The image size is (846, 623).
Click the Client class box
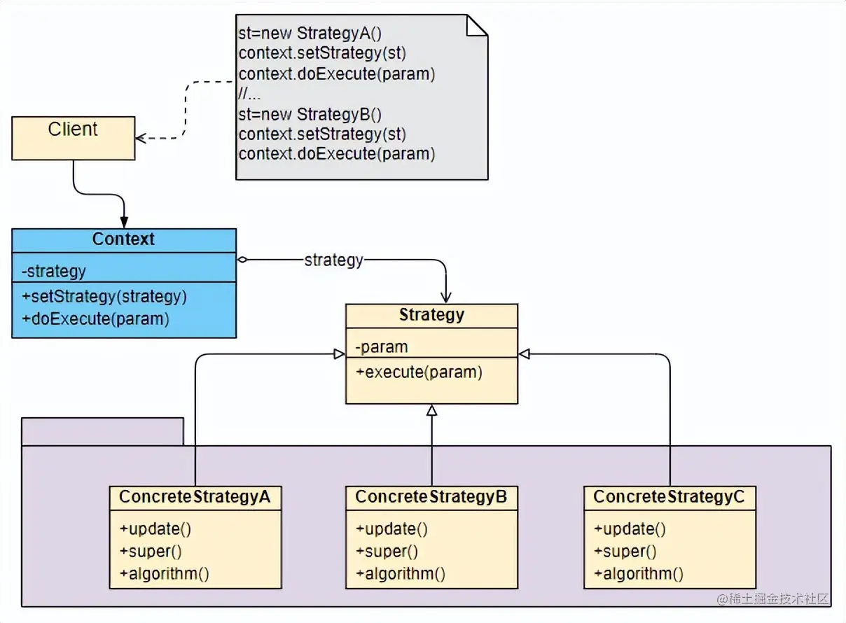(x=73, y=138)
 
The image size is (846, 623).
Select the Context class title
(x=123, y=239)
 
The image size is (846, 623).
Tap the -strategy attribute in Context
(x=54, y=271)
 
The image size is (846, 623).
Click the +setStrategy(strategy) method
(x=104, y=296)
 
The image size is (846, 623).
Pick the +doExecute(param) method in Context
(x=95, y=319)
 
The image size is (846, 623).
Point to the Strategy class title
(x=431, y=315)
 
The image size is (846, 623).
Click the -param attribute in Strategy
(x=382, y=347)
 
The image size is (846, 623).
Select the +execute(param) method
(x=419, y=372)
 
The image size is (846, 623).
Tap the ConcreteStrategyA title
(x=195, y=497)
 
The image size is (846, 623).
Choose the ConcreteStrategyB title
(x=431, y=497)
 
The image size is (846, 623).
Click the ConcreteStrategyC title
(x=670, y=497)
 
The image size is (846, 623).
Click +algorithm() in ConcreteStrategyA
(x=165, y=575)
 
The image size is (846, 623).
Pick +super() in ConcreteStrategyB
(x=387, y=552)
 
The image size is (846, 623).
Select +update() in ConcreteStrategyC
(x=630, y=528)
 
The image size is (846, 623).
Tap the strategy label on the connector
(x=333, y=260)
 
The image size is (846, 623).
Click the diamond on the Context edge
(x=242, y=260)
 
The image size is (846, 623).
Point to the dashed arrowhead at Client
(x=141, y=138)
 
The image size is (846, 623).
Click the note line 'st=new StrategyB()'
(x=310, y=114)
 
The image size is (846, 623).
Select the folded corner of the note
(x=477, y=24)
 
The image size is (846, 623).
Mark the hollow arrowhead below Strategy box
(x=432, y=410)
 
